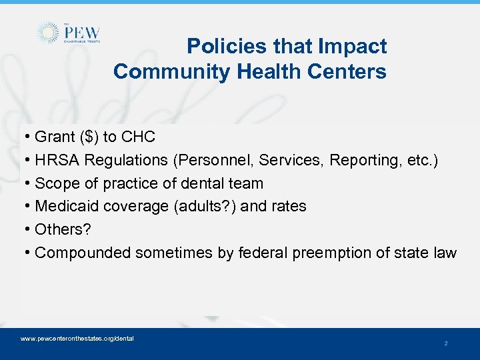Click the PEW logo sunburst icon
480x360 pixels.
coord(48,33)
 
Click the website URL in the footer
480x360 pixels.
coord(77,339)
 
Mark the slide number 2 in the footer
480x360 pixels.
coord(446,343)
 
